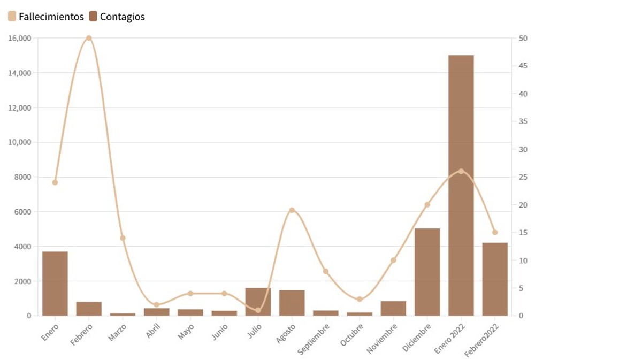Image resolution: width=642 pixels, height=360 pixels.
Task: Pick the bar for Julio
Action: click(x=258, y=302)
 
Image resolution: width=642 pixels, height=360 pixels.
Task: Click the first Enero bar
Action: click(x=55, y=284)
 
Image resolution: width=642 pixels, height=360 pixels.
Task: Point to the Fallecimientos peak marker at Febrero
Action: click(x=89, y=38)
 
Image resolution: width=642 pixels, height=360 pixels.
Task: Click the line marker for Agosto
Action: click(x=292, y=210)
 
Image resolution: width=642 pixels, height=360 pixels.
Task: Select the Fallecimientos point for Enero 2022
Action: click(x=461, y=171)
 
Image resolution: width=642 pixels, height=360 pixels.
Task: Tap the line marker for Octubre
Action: click(x=360, y=299)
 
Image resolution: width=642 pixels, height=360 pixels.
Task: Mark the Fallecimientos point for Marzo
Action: click(x=123, y=238)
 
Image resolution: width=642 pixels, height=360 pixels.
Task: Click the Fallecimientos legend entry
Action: click(x=46, y=17)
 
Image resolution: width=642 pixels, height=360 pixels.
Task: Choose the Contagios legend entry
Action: click(x=117, y=17)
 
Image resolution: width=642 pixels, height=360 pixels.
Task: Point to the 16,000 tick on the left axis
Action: click(x=20, y=38)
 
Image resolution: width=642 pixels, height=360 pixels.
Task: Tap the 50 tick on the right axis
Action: click(x=523, y=38)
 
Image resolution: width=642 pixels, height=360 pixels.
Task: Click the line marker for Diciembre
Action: click(x=427, y=204)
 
